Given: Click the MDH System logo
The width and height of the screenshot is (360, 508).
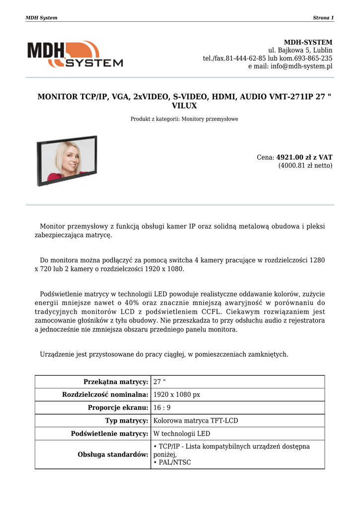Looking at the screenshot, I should coord(75,54).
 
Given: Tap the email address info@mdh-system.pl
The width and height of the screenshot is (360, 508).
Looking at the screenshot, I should coord(301,66).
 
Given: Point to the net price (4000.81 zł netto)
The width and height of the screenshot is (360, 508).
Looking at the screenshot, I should coord(305,166).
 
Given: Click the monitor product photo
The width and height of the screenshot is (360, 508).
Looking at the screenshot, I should coord(67,160).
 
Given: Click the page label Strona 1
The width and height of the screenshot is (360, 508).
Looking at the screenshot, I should coord(323,18).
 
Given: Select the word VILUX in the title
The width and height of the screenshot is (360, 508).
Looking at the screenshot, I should coord(184,106).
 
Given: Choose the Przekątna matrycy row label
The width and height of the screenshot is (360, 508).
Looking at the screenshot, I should coord(116,381).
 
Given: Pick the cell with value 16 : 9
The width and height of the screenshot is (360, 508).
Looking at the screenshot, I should coord(162,408).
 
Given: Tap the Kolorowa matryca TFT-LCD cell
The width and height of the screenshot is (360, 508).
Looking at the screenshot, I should coord(196,421).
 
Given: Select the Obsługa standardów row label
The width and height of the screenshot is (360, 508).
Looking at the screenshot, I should coord(113,454).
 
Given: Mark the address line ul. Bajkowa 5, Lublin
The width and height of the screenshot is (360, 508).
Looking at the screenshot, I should coord(300,50).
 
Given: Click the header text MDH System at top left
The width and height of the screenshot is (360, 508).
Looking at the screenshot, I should coord(41,18).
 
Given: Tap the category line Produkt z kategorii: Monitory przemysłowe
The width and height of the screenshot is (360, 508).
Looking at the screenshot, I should coord(184,119).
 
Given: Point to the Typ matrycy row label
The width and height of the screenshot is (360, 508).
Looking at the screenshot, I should coord(127,421).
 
